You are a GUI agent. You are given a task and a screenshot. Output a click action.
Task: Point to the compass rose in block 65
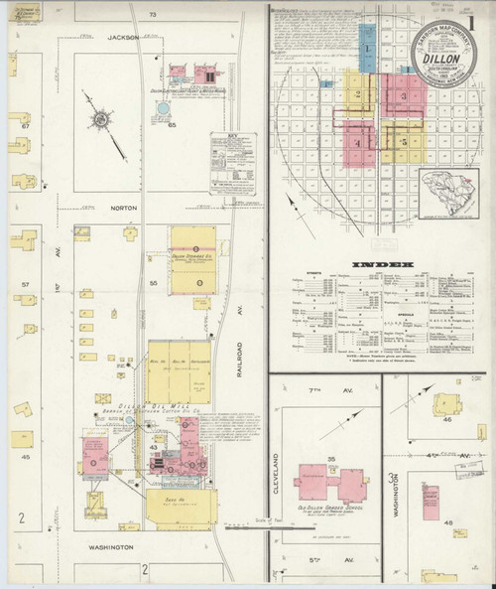100,121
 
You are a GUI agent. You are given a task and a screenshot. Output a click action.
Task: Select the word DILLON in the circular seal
439,59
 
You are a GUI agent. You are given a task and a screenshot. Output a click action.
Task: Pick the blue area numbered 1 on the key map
368,46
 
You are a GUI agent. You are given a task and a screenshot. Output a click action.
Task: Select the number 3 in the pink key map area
403,96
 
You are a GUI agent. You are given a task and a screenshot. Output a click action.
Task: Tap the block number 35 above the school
332,459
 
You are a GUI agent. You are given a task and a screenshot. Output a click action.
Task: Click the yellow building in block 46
447,405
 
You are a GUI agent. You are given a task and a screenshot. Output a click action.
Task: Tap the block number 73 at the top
153,16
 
